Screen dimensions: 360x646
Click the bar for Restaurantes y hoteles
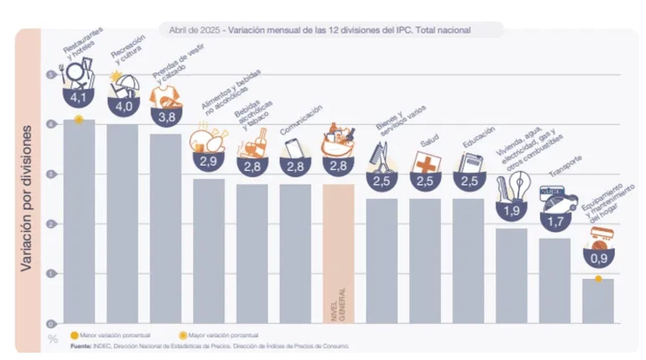(x=79, y=221)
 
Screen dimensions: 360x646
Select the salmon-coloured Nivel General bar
(x=338, y=253)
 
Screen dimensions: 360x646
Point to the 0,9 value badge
(x=598, y=258)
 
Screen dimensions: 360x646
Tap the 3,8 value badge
(x=166, y=118)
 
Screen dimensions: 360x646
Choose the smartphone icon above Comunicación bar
(x=294, y=148)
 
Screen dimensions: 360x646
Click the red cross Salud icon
(x=425, y=162)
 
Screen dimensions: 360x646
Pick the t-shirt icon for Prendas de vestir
(x=166, y=96)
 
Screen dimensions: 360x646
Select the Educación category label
(x=479, y=136)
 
